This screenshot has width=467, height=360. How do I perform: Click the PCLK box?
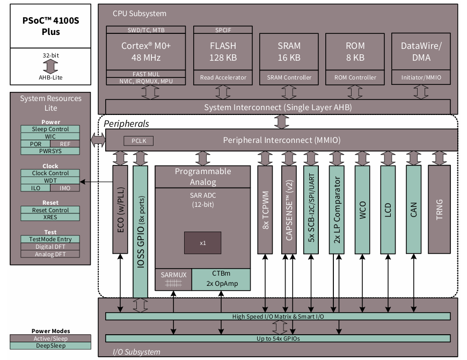coord(138,141)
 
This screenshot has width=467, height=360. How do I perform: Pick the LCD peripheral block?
coord(388,210)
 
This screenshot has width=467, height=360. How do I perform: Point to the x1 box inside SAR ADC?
coord(202,243)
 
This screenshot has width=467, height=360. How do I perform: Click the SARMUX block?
coord(173,279)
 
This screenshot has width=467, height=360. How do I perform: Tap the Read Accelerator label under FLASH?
coord(223,77)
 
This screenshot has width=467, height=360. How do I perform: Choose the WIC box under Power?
coord(50,136)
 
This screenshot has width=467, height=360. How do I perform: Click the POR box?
coord(35,144)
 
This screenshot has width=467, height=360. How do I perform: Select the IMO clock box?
coord(65,188)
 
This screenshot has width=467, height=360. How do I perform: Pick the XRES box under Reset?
coord(50,218)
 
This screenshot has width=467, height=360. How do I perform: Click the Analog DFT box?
coord(50,254)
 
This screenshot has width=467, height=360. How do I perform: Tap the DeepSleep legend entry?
coord(50,346)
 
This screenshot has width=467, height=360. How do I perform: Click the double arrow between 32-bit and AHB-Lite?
coord(50,66)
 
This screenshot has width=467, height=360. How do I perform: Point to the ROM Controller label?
coord(355,77)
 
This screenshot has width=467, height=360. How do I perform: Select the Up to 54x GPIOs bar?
coord(278,338)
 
